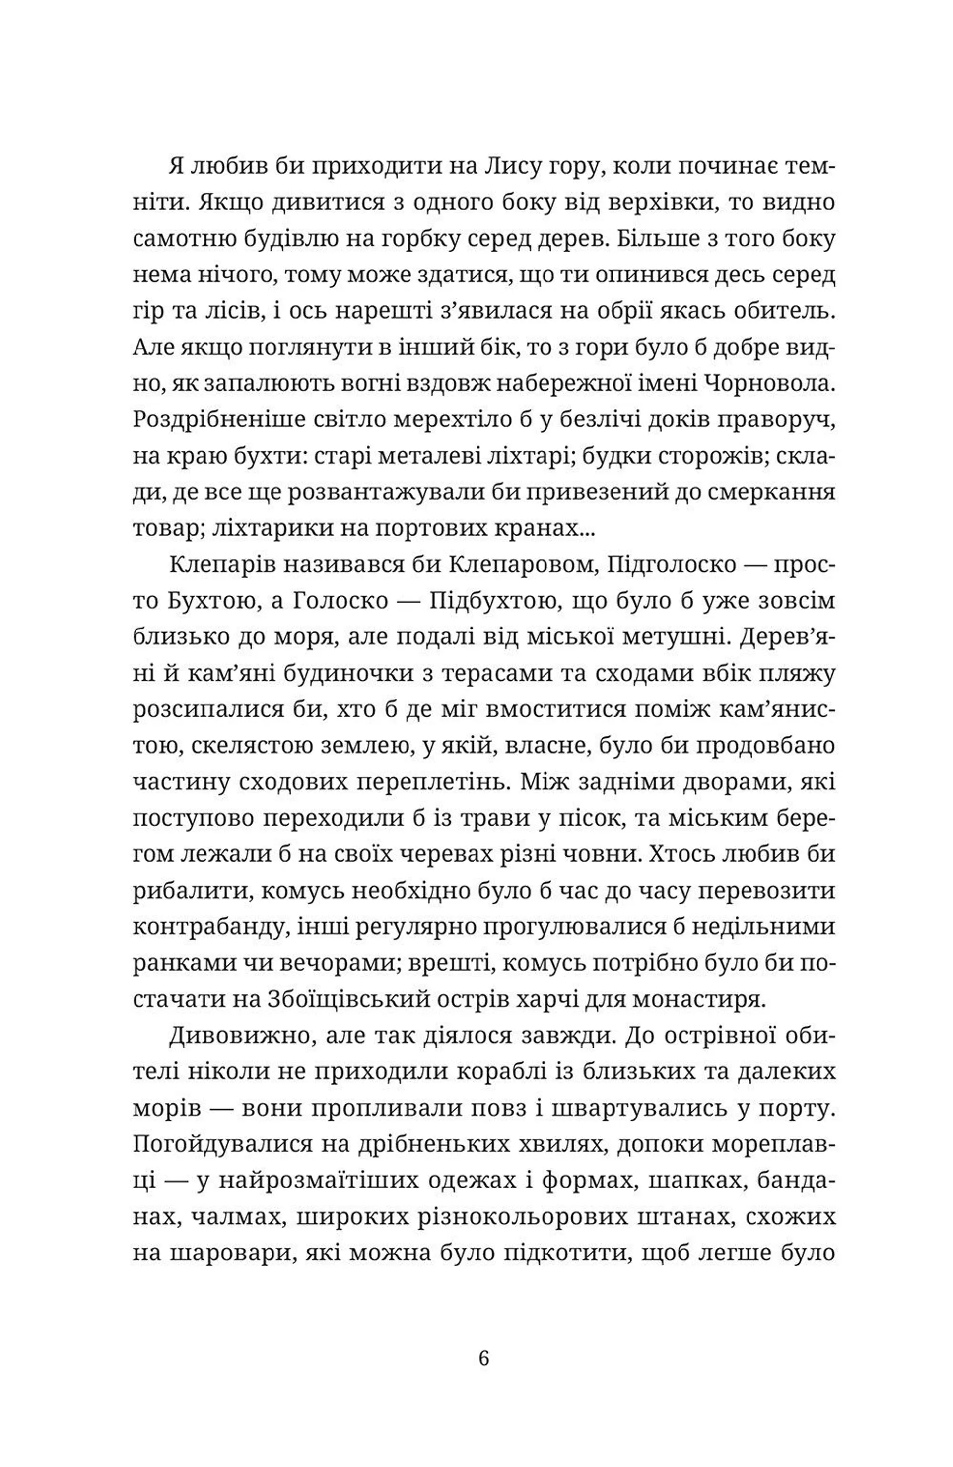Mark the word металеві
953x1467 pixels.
click(428, 457)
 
